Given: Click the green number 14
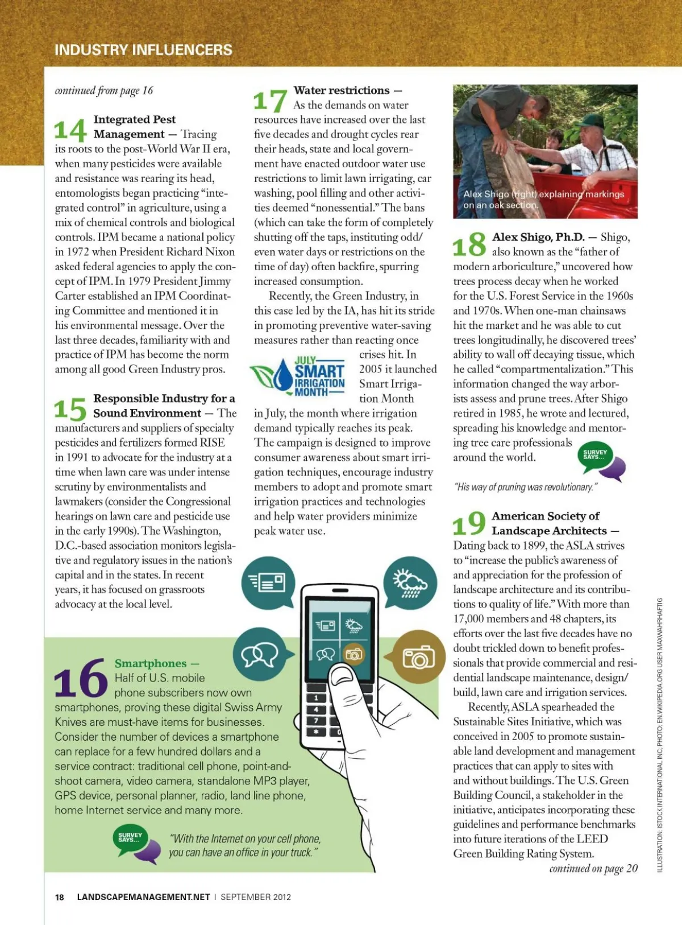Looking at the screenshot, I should click(x=70, y=130).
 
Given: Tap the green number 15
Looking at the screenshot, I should click(x=70, y=408).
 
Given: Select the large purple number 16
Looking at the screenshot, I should click(x=80, y=679).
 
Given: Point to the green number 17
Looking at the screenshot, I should click(x=269, y=101).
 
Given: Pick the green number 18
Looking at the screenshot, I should click(x=469, y=246).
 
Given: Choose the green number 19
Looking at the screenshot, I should click(x=469, y=524).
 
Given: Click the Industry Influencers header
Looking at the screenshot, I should click(x=143, y=50).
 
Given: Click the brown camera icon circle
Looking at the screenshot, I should click(x=418, y=657).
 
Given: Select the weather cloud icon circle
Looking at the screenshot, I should click(x=409, y=582).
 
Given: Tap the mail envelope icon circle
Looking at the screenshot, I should click(x=268, y=582).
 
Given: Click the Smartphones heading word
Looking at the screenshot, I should click(x=150, y=663).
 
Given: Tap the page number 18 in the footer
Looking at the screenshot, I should click(x=60, y=897).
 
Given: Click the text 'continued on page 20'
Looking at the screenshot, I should click(x=593, y=869).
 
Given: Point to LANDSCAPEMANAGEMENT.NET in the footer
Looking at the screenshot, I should click(x=143, y=897).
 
